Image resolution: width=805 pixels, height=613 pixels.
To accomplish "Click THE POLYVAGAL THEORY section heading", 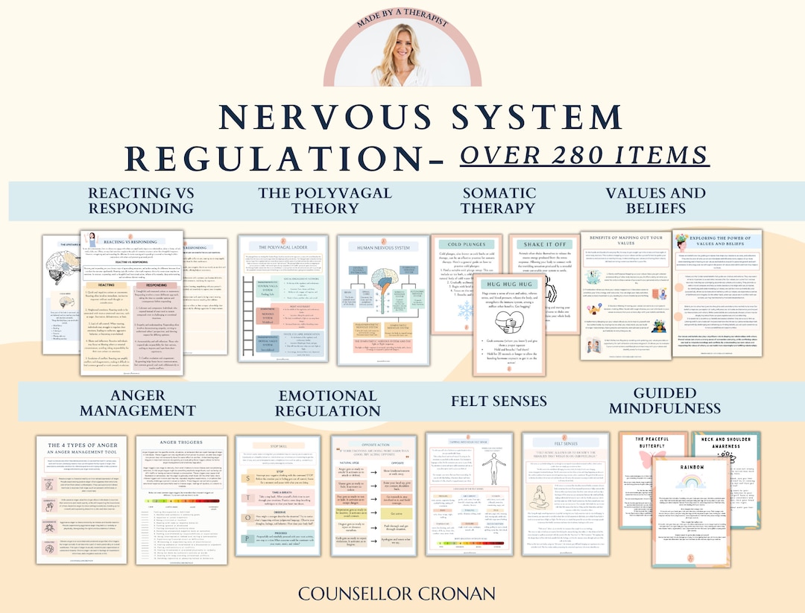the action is pyautogui.click(x=324, y=200).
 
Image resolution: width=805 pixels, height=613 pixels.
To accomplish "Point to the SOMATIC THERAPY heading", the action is pyautogui.click(x=498, y=200).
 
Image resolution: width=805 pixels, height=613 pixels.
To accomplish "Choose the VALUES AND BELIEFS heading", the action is pyautogui.click(x=656, y=200).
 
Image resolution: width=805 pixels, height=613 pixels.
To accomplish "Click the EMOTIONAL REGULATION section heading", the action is pyautogui.click(x=327, y=402).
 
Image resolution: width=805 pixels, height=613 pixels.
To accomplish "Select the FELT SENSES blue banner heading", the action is pyautogui.click(x=499, y=401).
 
